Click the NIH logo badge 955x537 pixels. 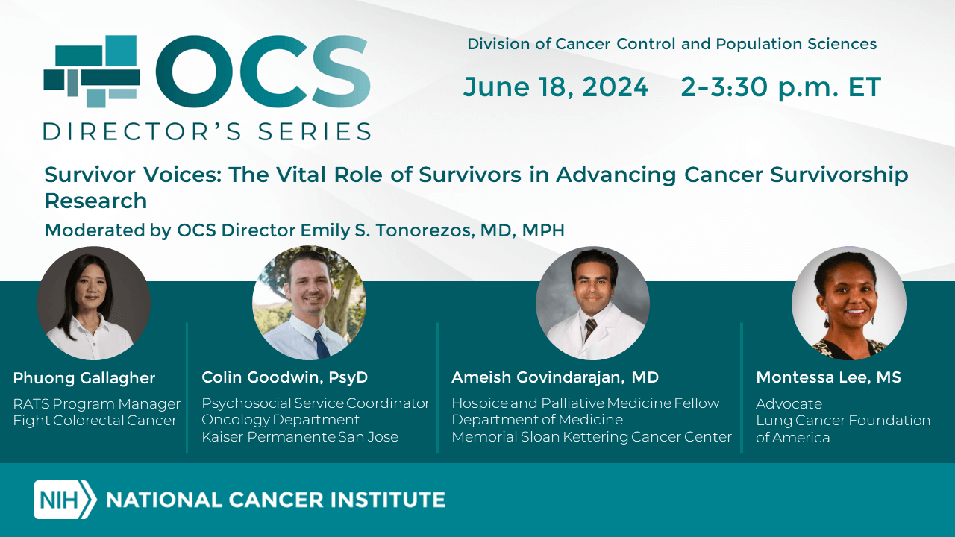point(65,500)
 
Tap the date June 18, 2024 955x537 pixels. point(556,87)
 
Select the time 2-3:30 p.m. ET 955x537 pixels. point(780,87)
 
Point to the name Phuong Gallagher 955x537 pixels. point(84,378)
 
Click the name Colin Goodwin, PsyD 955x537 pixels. point(284,377)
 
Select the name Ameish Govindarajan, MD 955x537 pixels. point(555,377)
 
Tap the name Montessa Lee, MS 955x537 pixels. point(828,377)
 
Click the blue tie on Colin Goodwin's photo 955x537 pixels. point(321,345)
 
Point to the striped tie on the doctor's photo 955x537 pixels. point(590,329)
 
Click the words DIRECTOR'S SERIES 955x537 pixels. point(207,131)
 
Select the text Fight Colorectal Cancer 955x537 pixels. point(95,421)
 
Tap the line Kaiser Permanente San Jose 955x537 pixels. point(300,437)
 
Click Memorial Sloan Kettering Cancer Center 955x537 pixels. point(592,437)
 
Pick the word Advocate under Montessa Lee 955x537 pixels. point(789,403)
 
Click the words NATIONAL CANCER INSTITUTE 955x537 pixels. point(275,500)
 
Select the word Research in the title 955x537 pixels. point(96,201)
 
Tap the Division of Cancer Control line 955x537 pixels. point(672,44)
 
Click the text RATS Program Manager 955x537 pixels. point(97,404)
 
